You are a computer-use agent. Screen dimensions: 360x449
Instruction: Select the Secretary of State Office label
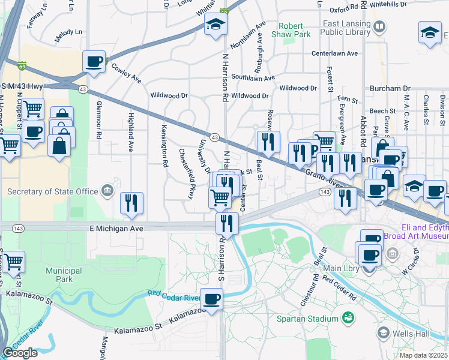[52, 191]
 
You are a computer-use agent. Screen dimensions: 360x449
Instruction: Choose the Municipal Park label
[63, 275]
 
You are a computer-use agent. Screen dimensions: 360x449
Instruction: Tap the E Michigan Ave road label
[116, 229]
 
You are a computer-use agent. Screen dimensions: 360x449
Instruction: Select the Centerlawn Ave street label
[334, 53]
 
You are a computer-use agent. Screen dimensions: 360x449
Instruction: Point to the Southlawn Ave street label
[253, 77]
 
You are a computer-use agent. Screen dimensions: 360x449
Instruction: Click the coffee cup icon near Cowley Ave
[94, 61]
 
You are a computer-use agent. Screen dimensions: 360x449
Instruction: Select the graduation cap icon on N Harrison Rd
[214, 25]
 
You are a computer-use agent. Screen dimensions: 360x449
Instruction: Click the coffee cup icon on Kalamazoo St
[211, 299]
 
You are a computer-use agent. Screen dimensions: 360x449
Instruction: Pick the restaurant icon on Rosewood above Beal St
[267, 142]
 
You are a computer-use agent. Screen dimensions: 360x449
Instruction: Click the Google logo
[20, 352]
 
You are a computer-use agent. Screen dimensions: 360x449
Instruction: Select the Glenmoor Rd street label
[100, 119]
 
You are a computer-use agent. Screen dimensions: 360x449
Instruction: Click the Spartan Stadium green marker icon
[347, 316]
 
